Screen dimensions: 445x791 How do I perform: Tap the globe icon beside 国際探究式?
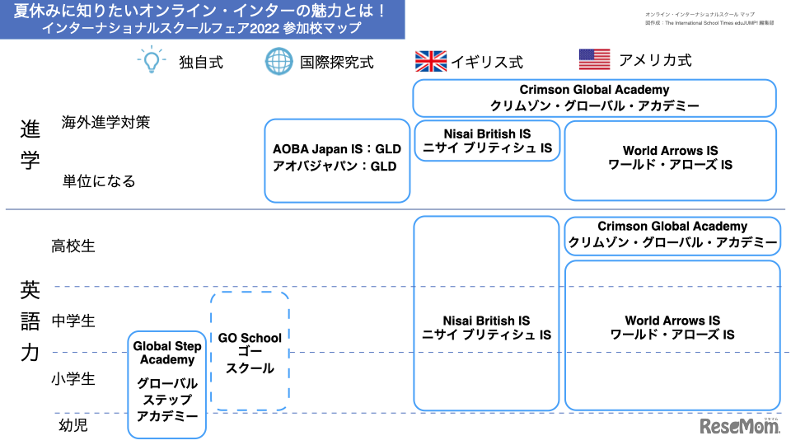click(278, 62)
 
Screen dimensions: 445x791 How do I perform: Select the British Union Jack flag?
click(430, 61)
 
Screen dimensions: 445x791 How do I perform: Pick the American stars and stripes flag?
click(593, 59)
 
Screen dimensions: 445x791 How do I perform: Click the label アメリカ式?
click(655, 60)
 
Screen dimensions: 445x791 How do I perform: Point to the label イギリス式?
click(486, 62)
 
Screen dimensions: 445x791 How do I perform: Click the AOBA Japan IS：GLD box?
click(336, 160)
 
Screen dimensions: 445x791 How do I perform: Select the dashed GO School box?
click(250, 352)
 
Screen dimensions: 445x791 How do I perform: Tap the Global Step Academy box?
click(166, 383)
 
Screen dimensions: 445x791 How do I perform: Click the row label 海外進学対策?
click(105, 123)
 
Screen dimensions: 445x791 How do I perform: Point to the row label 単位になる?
click(99, 181)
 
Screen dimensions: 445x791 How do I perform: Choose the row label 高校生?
click(73, 246)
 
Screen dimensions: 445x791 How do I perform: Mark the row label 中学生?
click(73, 321)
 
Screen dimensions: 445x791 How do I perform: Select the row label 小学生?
click(73, 379)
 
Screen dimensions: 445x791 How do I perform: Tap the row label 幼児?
click(73, 425)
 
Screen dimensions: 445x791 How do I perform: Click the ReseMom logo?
click(738, 425)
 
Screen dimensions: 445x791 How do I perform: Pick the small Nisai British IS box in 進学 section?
click(486, 140)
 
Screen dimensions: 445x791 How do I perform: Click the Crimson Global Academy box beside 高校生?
click(672, 235)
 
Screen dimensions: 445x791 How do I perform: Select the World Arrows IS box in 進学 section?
click(670, 159)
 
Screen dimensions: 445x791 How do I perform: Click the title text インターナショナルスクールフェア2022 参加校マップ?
click(202, 28)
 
